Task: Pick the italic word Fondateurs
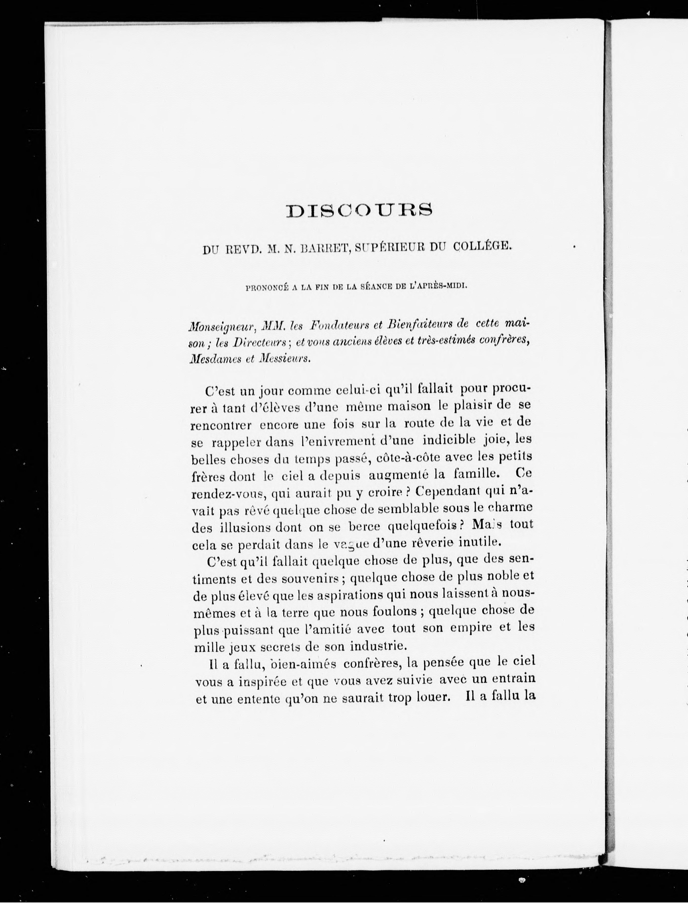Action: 340,326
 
